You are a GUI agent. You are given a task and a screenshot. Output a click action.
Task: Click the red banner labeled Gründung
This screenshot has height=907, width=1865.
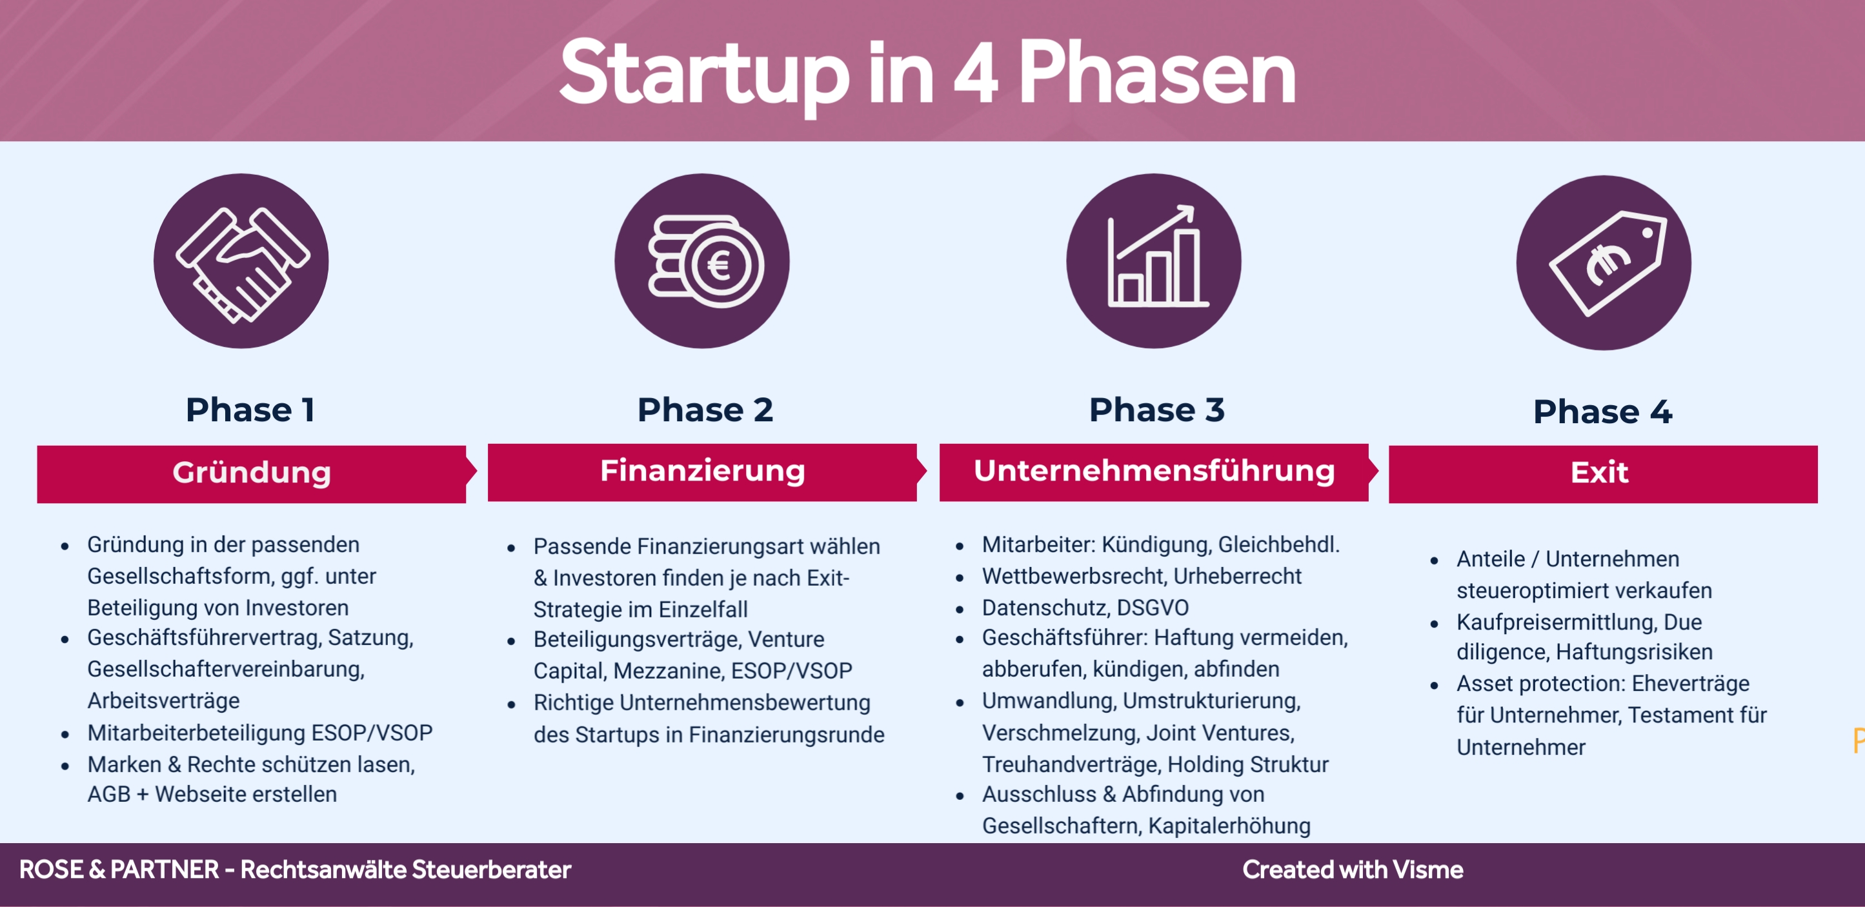251,474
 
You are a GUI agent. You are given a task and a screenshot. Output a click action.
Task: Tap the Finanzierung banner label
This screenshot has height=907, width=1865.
702,471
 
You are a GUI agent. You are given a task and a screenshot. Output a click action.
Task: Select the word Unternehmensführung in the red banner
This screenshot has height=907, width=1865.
1154,471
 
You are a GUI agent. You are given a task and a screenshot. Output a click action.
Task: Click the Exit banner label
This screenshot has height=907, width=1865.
1599,473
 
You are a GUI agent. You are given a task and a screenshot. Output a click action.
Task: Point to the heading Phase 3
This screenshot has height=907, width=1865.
1156,410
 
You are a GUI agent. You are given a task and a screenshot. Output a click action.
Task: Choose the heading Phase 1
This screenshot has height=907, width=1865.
250,410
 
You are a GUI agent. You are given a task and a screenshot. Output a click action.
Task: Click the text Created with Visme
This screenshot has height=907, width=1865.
1353,870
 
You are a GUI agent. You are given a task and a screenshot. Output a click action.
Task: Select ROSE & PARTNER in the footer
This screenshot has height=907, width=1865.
119,870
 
